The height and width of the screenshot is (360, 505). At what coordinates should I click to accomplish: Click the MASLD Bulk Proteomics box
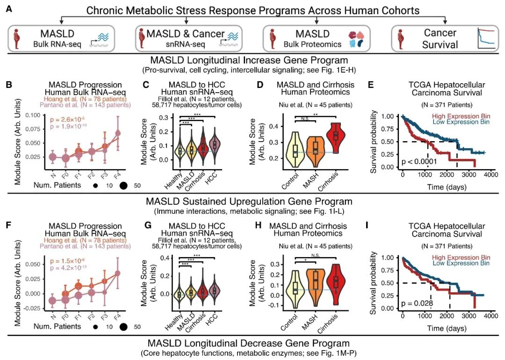(317, 38)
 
